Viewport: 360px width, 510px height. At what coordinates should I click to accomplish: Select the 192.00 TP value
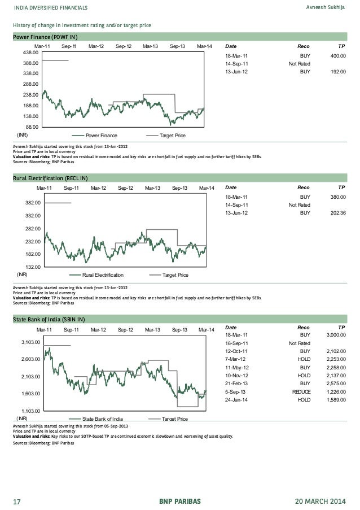(338, 72)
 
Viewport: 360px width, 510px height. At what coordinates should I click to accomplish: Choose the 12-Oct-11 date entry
(236, 351)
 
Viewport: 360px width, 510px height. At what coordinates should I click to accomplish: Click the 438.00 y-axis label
(29, 53)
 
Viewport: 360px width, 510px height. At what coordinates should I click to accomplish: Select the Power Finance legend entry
(101, 136)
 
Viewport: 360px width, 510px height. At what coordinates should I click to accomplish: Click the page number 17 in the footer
(17, 501)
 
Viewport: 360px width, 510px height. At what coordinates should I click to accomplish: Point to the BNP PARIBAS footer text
(179, 501)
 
